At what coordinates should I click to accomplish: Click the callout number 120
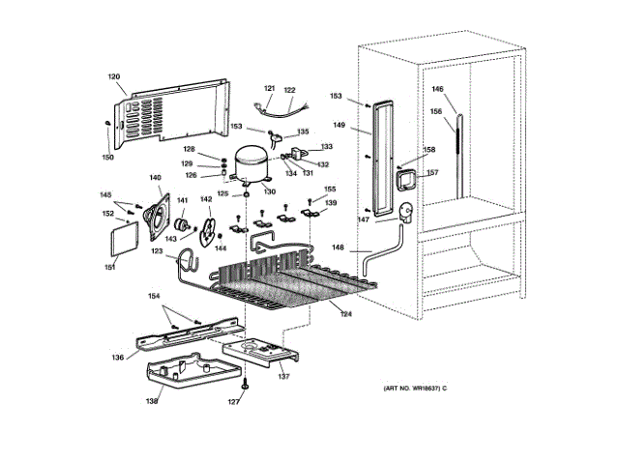point(113,76)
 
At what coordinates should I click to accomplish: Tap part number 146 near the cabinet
point(437,90)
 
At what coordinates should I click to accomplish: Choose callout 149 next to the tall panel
point(339,124)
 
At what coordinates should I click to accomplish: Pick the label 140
point(155,177)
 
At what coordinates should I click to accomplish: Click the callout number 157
point(432,173)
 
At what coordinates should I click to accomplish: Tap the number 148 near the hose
point(337,246)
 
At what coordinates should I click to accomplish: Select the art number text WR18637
point(413,388)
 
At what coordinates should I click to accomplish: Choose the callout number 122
point(289,90)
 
